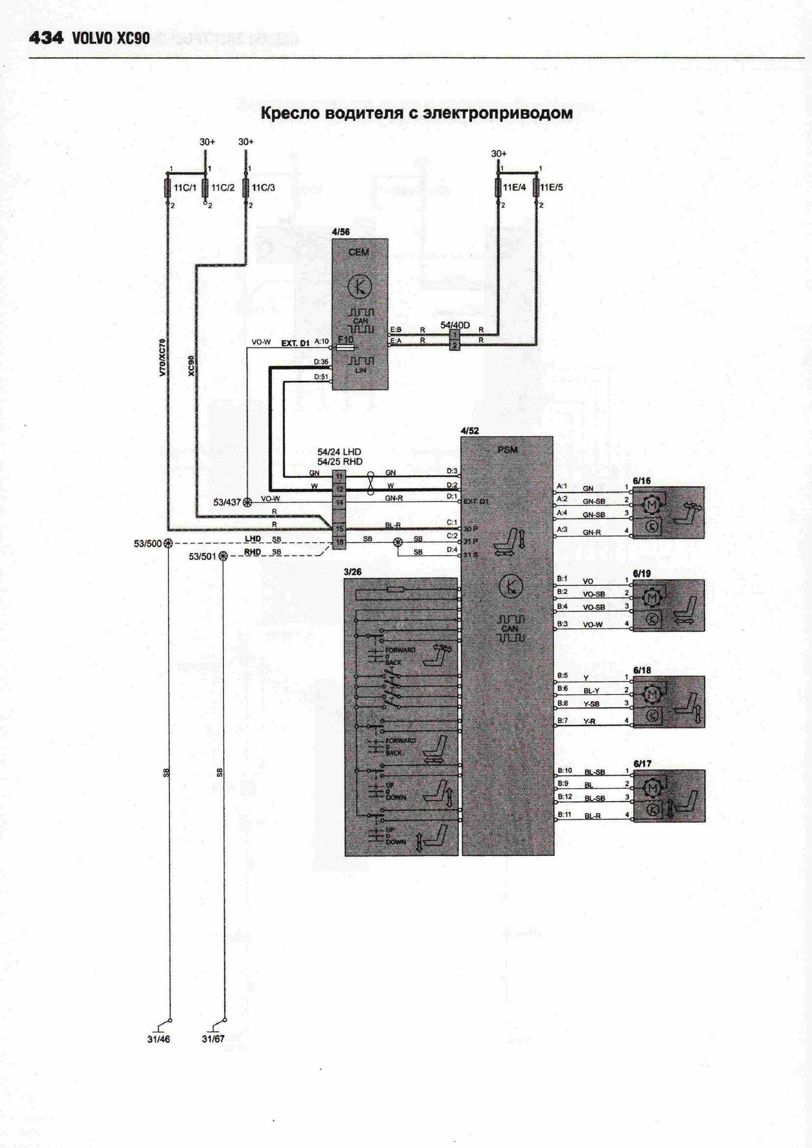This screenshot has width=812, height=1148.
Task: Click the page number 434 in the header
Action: pos(45,38)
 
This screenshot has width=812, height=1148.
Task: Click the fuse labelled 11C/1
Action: pos(167,188)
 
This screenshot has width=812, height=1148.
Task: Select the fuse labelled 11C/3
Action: pos(245,188)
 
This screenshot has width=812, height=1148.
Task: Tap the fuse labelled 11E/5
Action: pos(537,188)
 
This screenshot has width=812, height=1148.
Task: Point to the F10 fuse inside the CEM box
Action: pos(346,346)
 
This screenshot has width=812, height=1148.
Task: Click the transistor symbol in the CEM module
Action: pos(359,286)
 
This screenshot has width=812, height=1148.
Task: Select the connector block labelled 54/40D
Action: pos(455,340)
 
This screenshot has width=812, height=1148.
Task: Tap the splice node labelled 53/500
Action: pos(168,543)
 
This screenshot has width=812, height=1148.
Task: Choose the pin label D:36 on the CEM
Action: pos(321,361)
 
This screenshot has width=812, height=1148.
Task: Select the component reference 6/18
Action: pos(642,670)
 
